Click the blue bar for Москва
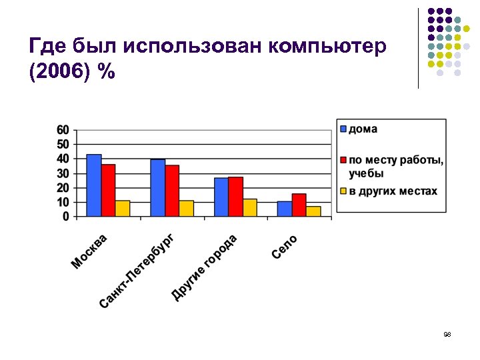94,185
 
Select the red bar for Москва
109,191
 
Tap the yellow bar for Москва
123,209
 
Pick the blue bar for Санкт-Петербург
158,188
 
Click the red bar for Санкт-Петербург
172,191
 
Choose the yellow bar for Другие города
250,208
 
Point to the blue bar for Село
285,209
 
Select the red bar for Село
299,205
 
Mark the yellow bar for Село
313,211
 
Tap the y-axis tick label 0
65,217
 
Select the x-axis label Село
285,247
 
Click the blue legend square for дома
343,129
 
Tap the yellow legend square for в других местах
343,191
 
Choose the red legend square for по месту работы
343,160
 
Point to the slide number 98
447,334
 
